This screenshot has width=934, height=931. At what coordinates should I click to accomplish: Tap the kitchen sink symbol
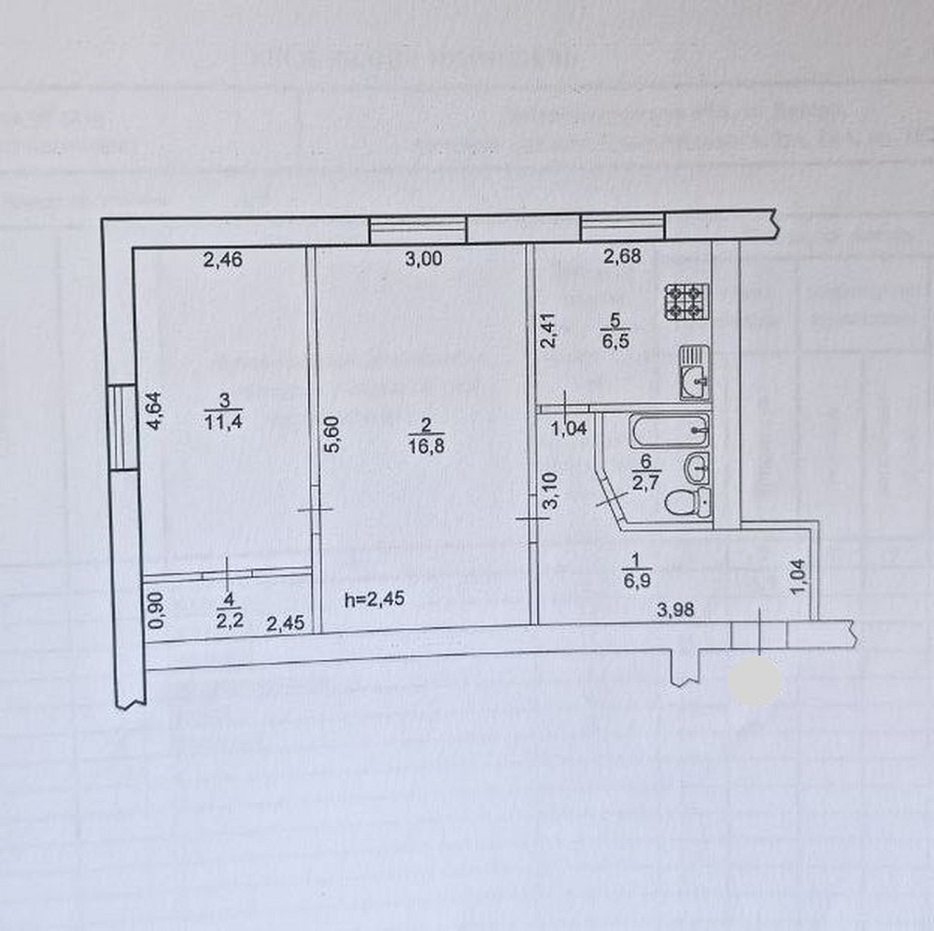692,372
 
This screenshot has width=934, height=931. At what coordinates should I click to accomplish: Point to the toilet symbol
686,502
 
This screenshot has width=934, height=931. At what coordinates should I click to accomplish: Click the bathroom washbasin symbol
697,466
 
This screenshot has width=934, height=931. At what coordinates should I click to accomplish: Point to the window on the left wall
120,427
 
